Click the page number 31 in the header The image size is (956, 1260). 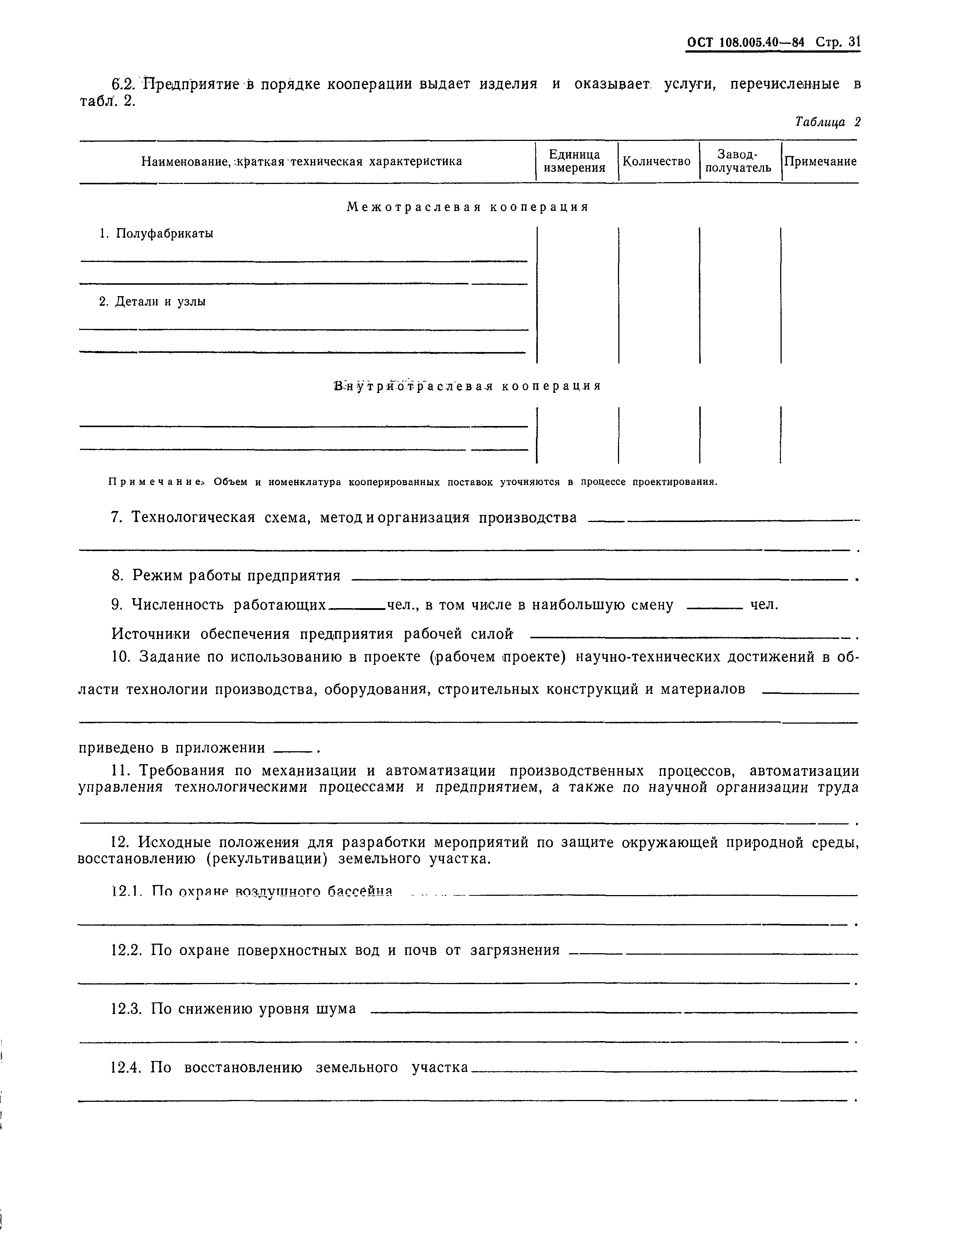(x=853, y=42)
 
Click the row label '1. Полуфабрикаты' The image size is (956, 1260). (x=157, y=234)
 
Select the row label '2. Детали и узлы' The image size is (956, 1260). (x=153, y=301)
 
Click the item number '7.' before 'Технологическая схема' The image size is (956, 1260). (x=117, y=517)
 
